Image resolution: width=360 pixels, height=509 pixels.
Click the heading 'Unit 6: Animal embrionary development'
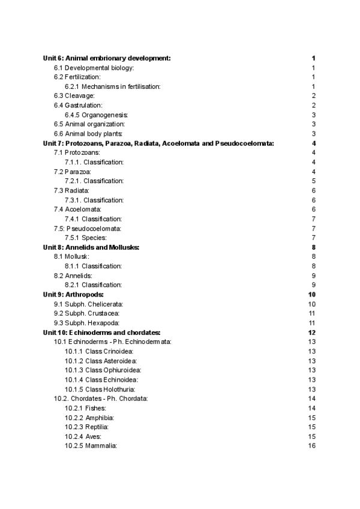107,58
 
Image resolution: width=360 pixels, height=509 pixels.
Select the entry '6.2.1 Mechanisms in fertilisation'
113,87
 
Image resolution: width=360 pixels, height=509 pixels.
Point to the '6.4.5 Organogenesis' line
97,115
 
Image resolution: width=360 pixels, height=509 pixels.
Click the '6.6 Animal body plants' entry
88,134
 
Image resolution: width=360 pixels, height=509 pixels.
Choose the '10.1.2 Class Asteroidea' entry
101,361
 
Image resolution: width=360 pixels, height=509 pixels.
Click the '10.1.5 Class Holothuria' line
101,390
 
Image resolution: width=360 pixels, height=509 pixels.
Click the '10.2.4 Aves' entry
83,436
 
